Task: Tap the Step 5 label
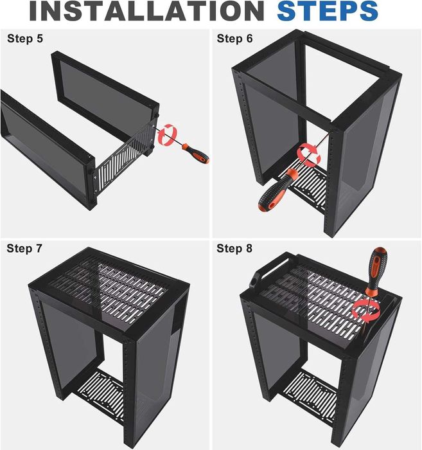[x=25, y=39]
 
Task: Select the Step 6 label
[x=234, y=39]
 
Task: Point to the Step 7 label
[x=25, y=248]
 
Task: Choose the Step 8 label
[x=234, y=248]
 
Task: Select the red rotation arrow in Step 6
[x=308, y=154]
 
